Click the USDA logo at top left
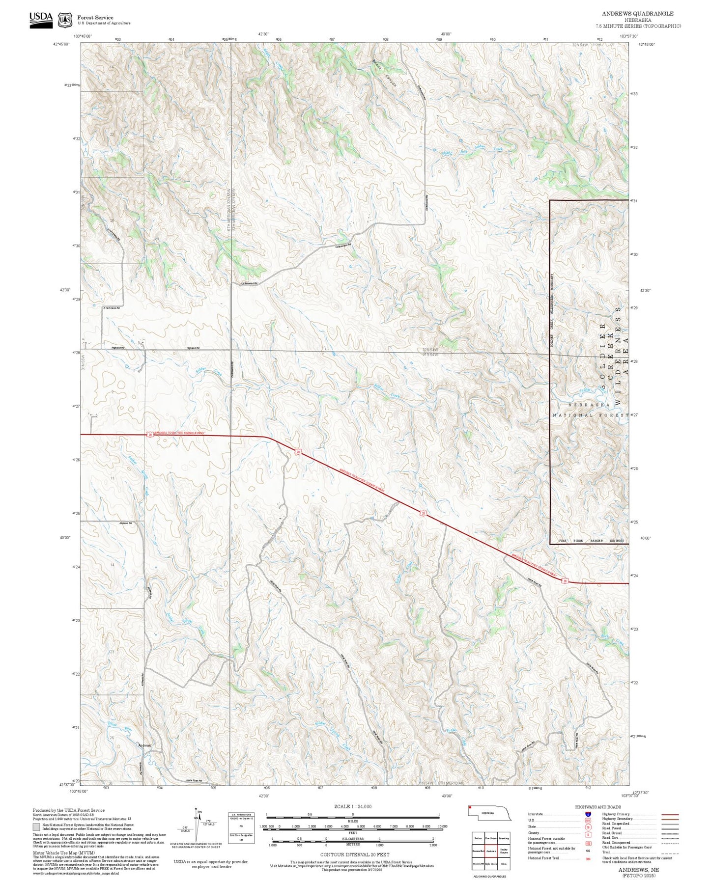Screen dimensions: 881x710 pos(41,19)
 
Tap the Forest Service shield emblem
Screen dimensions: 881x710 pos(65,20)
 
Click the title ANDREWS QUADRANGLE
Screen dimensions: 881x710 pos(637,14)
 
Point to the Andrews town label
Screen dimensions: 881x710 pos(144,745)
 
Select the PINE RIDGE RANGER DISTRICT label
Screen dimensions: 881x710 pos(592,541)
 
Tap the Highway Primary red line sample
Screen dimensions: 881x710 pos(670,814)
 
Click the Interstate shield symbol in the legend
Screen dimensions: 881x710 pos(588,814)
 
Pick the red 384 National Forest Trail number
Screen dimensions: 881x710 pos(588,858)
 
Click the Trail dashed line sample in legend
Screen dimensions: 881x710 pos(670,852)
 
